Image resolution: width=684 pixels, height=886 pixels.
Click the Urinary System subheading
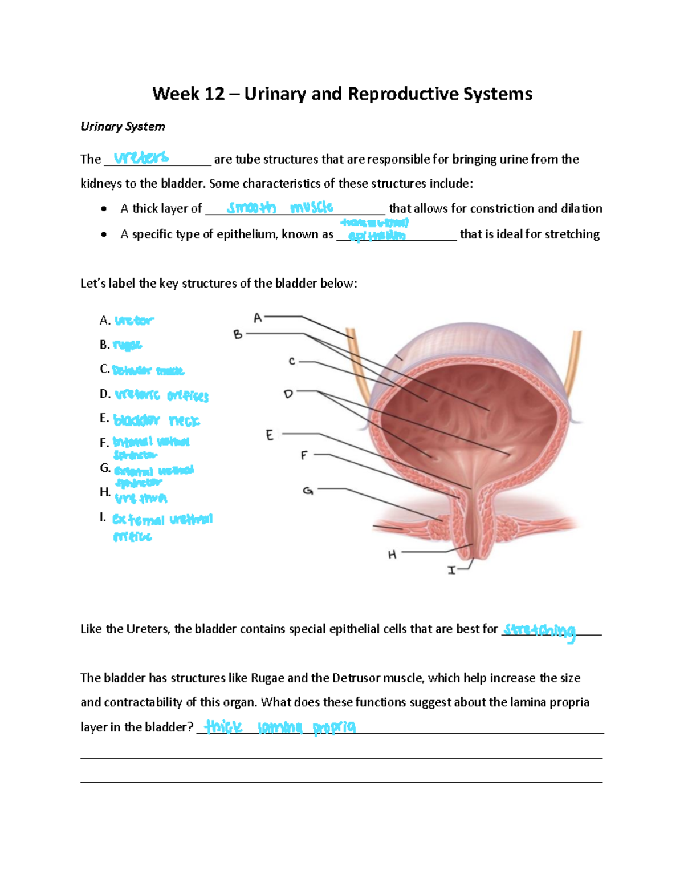pos(123,127)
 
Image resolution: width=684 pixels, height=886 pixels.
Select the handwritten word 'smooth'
pos(251,208)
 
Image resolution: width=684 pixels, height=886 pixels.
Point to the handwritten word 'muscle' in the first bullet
pos(311,207)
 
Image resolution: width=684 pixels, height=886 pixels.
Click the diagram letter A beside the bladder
pos(258,318)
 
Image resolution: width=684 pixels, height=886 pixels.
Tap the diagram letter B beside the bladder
pos(238,335)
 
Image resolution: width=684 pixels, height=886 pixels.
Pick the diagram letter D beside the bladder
pos(288,394)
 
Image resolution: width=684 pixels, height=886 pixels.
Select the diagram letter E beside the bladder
pos(270,435)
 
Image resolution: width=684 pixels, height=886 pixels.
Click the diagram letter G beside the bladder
pos(308,491)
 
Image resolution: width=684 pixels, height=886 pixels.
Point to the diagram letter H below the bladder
pos(392,555)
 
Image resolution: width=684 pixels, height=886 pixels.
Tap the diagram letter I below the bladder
pos(451,570)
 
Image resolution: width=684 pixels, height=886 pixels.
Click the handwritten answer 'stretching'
pos(540,631)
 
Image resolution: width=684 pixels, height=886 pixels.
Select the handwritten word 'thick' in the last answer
pos(223,727)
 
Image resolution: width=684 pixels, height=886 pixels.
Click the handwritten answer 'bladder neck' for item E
pos(157,421)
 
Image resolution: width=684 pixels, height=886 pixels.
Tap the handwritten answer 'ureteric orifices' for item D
pos(162,395)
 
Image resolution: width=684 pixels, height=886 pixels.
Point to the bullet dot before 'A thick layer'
pos(104,209)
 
